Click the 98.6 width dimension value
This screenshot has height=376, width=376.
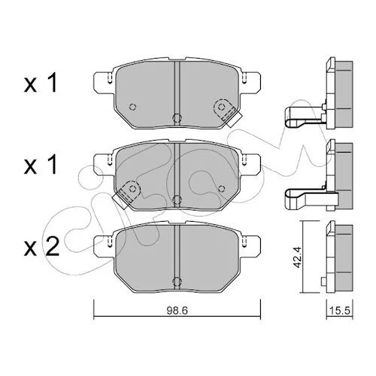[177, 311]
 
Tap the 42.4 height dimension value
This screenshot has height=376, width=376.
[298, 257]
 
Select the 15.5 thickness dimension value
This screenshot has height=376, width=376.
[339, 311]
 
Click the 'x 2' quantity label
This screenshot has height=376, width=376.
[41, 247]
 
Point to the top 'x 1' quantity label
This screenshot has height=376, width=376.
[41, 83]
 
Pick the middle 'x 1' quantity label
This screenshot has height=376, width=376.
[41, 165]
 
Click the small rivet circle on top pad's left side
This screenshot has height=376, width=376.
[132, 107]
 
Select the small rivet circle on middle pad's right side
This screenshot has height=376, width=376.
[221, 189]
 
